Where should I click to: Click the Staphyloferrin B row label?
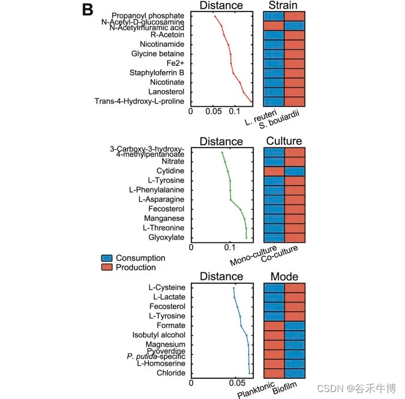[x=157, y=73]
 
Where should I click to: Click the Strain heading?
[x=283, y=5]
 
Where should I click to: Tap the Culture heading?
[x=284, y=141]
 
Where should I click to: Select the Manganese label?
[x=164, y=219]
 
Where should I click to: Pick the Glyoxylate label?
[x=167, y=238]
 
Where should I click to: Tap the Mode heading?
[x=284, y=276]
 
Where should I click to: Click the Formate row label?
[x=171, y=326]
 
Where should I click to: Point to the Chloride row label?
[x=171, y=373]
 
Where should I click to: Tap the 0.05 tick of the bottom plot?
[x=236, y=383]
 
